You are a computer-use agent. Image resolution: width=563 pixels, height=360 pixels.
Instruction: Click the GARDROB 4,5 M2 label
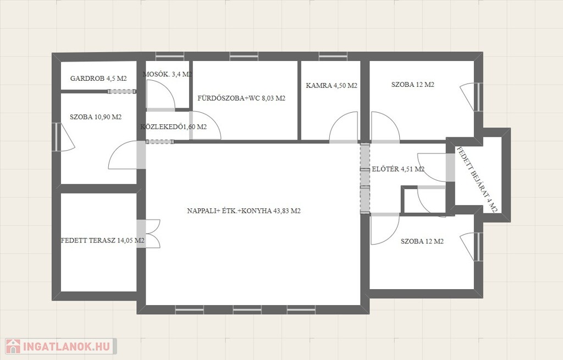(98, 78)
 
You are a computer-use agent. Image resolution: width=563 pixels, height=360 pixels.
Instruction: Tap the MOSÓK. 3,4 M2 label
(167, 74)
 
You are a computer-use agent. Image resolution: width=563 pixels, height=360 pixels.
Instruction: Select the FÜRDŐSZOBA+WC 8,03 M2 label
(241, 98)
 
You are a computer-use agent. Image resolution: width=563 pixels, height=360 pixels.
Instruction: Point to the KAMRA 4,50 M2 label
(332, 85)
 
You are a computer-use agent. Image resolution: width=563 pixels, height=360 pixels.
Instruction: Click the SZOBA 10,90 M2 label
(96, 117)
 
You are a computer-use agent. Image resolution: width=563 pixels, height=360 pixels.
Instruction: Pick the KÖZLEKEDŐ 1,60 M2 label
(173, 126)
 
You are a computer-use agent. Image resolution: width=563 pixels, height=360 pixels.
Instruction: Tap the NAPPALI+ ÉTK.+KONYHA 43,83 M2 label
(244, 211)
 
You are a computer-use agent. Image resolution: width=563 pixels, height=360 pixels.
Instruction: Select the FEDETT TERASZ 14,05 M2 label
(103, 240)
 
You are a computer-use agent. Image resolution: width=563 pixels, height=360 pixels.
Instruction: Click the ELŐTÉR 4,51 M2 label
(398, 169)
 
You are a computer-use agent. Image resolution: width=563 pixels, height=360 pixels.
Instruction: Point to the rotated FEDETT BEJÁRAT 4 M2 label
(477, 180)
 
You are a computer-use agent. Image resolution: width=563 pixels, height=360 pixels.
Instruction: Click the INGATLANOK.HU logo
(60, 346)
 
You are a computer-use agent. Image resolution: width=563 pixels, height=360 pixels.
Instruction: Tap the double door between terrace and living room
(148, 234)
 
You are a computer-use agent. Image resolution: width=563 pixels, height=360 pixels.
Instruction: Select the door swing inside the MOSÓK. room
(161, 94)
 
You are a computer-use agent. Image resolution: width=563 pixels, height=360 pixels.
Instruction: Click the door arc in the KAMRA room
(344, 126)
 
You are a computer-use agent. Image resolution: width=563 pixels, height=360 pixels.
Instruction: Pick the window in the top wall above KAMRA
(333, 56)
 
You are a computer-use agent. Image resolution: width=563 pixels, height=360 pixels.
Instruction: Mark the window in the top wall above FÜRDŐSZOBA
(244, 56)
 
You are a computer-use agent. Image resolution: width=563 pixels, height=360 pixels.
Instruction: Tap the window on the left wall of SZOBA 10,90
(57, 137)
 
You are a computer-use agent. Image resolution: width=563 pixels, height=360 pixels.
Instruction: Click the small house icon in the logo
(13, 346)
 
